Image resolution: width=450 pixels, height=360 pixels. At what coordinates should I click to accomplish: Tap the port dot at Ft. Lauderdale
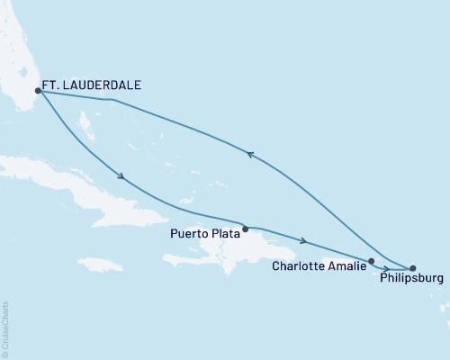tap(38, 90)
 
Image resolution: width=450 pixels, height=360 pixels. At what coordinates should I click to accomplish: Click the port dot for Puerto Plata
tap(245, 229)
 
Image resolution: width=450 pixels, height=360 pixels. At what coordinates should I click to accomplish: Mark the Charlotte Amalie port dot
tap(371, 261)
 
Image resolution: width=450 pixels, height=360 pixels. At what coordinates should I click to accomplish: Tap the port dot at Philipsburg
tap(413, 268)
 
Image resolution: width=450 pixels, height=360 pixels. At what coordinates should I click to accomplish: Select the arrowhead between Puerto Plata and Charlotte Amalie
tap(308, 241)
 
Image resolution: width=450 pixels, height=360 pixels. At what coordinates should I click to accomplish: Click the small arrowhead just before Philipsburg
tap(386, 268)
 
